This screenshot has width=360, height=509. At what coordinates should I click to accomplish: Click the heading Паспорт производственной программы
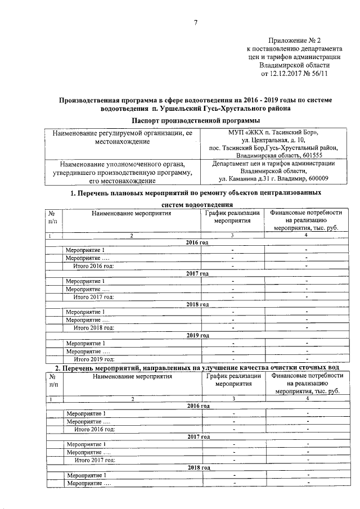(x=195, y=121)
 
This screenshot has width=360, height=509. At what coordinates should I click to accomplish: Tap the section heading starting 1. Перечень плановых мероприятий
(x=195, y=193)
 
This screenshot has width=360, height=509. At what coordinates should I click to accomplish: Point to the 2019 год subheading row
(x=197, y=335)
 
